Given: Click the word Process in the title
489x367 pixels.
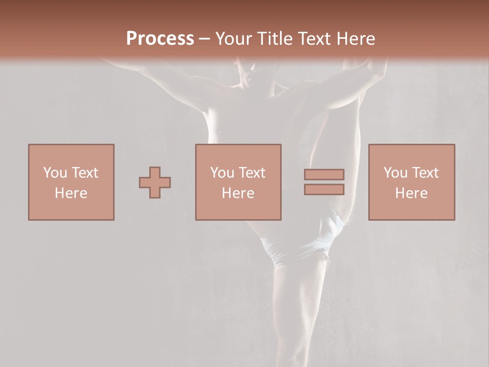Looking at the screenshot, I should [160, 38].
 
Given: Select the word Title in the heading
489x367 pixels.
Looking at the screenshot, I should [275, 39].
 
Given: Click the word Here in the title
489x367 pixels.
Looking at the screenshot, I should [356, 39].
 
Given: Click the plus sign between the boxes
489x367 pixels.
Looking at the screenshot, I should [155, 182].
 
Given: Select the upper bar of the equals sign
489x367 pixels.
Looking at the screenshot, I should [324, 174].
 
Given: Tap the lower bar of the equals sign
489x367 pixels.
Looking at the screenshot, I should [324, 190].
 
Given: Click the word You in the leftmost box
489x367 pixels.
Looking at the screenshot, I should [55, 173].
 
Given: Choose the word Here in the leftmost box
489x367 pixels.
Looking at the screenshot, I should [71, 193].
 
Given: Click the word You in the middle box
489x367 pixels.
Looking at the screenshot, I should [222, 173].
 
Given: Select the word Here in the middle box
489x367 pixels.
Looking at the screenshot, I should [238, 193].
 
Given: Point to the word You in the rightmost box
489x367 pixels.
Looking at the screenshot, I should [395, 173].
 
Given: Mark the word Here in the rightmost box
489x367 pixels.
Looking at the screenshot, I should [411, 193].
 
